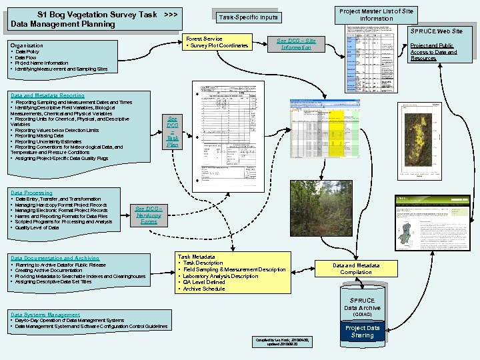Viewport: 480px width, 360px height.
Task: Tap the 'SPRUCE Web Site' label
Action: point(437,31)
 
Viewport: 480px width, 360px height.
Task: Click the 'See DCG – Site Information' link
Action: point(295,44)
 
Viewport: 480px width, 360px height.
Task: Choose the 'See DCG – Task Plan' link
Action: point(173,131)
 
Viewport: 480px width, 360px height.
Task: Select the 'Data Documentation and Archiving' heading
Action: point(55,258)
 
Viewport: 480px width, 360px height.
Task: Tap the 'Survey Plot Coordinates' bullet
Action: point(219,46)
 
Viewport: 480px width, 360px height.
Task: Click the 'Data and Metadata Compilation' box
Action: point(356,269)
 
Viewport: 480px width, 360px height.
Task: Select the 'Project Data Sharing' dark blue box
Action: point(363,331)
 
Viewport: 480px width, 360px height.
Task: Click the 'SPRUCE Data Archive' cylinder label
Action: point(363,304)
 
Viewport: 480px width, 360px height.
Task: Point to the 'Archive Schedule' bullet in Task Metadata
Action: point(204,289)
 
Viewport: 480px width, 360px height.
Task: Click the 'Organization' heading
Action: point(27,45)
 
